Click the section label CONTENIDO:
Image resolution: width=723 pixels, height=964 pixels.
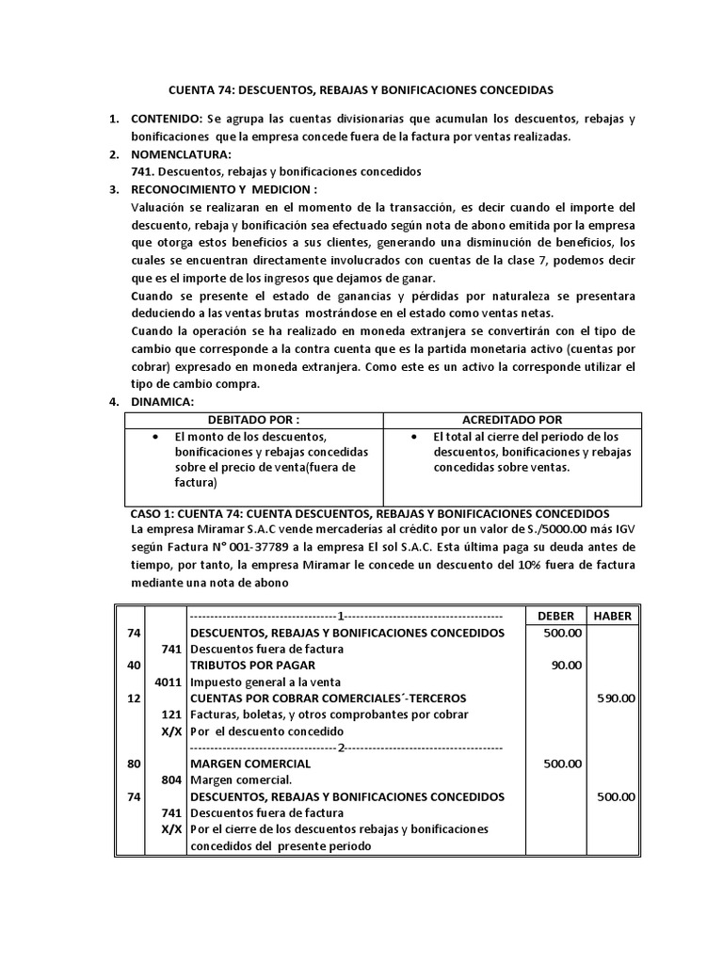(x=166, y=120)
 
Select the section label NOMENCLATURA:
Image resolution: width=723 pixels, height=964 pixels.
(x=180, y=154)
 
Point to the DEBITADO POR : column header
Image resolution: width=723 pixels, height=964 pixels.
(x=253, y=419)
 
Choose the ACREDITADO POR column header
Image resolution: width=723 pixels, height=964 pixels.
(x=513, y=419)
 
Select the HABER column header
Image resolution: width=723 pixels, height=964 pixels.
(x=614, y=615)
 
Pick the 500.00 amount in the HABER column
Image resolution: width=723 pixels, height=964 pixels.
(x=616, y=795)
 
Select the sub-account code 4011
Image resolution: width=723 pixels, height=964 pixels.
(x=169, y=682)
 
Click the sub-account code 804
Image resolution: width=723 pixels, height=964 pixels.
(x=172, y=779)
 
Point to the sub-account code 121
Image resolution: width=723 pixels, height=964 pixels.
(x=172, y=715)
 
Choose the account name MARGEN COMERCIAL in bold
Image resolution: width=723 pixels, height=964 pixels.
(x=249, y=763)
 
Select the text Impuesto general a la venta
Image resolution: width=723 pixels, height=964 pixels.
(x=267, y=682)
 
